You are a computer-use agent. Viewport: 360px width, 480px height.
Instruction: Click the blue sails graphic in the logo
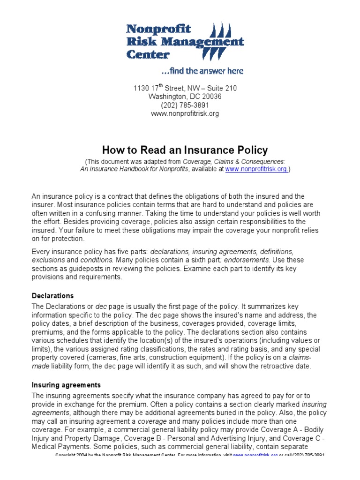click(223, 42)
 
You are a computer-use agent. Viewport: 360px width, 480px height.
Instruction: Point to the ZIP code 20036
click(211, 97)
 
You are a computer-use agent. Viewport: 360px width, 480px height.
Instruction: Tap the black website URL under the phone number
click(184, 113)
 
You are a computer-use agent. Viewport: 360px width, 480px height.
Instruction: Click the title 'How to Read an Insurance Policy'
click(185, 150)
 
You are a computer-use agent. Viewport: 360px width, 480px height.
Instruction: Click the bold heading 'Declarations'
click(52, 296)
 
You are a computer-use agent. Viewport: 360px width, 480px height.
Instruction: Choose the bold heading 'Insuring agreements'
click(66, 385)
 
